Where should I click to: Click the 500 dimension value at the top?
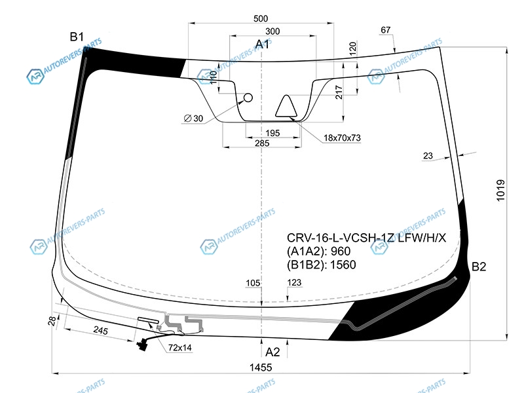pos(261,18)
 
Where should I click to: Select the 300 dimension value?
pos(272,31)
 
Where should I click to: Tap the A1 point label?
pos(263,44)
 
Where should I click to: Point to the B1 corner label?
pos(77,37)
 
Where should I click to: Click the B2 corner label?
pos(479,267)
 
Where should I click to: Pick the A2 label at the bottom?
pos(272,352)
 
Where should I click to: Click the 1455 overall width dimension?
pos(261,367)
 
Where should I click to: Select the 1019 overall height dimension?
pos(500,191)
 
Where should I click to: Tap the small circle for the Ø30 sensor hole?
pos(248,98)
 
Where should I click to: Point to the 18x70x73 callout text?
pos(342,138)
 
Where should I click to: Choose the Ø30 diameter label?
pos(193,119)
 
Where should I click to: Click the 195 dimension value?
pos(272,133)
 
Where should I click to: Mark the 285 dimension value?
pos(262,143)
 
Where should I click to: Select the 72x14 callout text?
pos(179,348)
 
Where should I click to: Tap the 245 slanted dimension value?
pos(101,331)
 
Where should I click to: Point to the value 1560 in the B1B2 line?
pos(343,265)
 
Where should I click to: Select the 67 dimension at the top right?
pos(385,30)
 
